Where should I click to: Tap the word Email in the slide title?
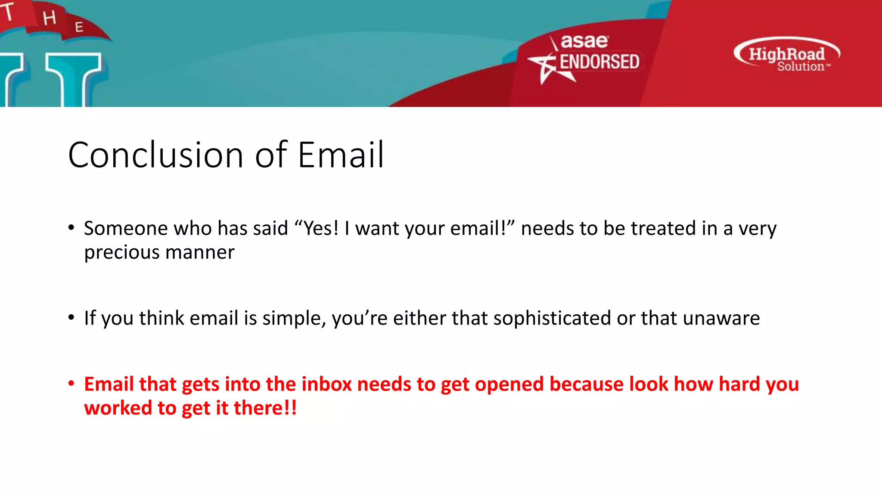[340, 155]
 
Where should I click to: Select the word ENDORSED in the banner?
[599, 62]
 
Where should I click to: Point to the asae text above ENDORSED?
[584, 41]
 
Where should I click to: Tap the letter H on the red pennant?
[50, 18]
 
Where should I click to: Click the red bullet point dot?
[71, 383]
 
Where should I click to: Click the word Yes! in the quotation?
[321, 228]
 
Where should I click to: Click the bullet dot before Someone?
[71, 227]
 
